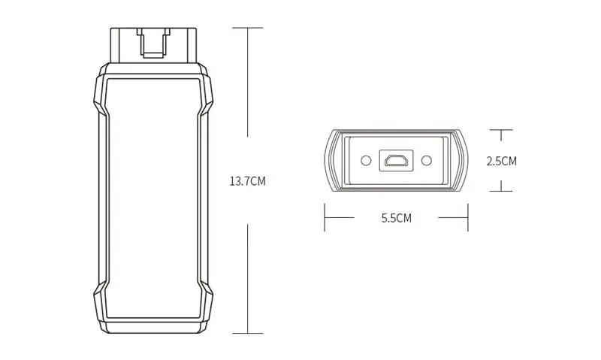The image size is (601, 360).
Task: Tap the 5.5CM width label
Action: tap(396, 219)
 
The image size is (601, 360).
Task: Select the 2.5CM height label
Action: tap(501, 161)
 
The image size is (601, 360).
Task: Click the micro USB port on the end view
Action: tap(396, 160)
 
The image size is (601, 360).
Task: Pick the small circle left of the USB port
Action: tap(366, 160)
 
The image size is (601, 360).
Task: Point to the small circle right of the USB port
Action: tap(426, 160)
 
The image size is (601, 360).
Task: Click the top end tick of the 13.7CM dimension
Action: tap(248, 29)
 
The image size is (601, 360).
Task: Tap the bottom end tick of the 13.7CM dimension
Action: tap(248, 333)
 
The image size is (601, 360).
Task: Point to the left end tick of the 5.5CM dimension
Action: tap(325, 219)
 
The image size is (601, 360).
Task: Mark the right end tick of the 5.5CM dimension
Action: tap(467, 219)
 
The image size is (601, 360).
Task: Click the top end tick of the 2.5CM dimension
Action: tap(501, 130)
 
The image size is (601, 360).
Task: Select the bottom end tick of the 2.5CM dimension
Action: tap(501, 191)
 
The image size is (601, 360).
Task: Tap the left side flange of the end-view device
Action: tap(331, 160)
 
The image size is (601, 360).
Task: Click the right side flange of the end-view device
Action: tap(461, 160)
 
